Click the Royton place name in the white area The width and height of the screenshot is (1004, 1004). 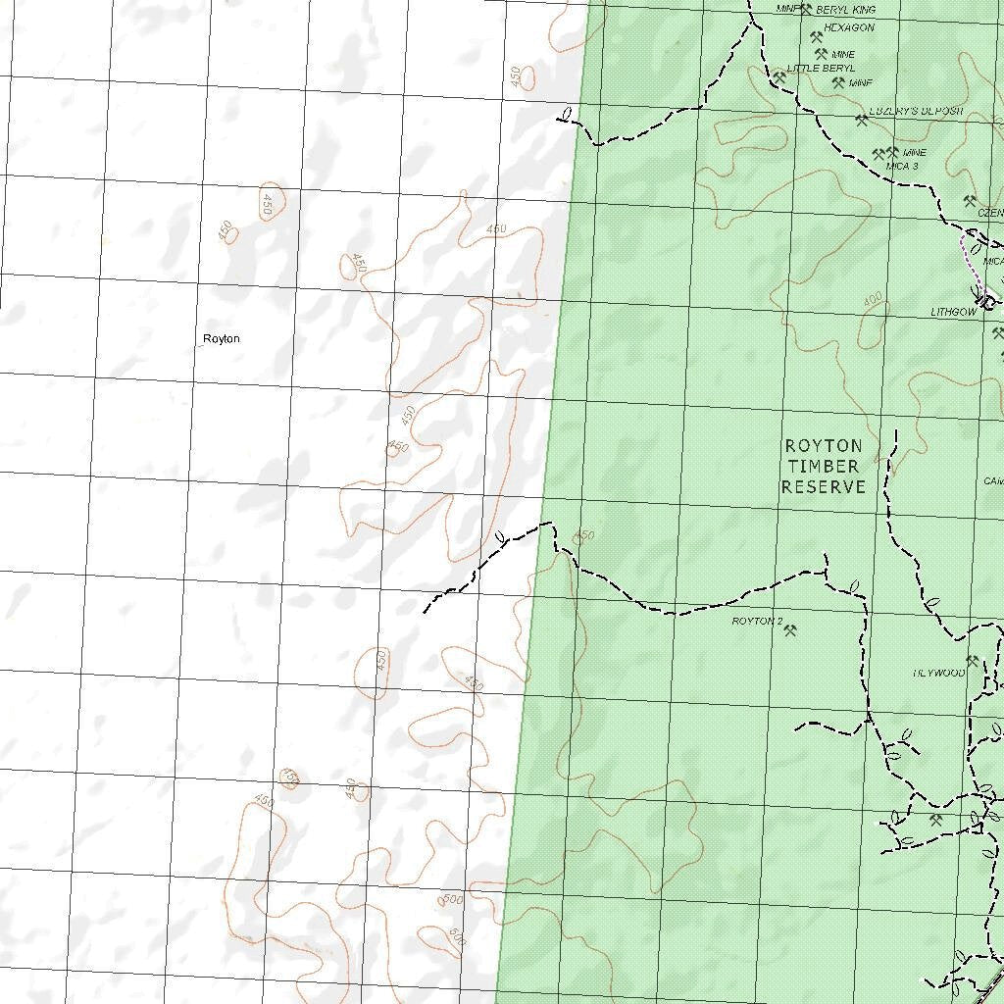221,339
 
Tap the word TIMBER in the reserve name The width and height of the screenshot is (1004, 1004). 822,466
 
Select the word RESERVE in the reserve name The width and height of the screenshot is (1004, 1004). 823,486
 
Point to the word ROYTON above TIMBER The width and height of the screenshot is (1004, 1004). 824,446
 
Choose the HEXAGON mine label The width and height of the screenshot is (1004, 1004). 848,27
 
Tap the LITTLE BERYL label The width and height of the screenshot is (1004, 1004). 821,69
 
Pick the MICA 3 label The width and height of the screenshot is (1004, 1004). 902,167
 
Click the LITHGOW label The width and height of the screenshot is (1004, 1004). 953,312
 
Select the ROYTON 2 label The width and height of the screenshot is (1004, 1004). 757,622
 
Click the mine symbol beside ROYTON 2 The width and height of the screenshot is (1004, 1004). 790,630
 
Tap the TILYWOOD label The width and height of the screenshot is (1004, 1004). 938,674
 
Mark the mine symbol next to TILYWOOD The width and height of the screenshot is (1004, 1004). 973,662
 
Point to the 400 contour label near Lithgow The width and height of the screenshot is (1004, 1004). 872,298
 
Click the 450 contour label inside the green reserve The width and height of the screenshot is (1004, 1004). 584,535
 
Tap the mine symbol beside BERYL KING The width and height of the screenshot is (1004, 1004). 806,10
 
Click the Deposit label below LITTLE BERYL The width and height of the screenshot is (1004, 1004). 916,112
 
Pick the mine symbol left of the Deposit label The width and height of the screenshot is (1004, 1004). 862,121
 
